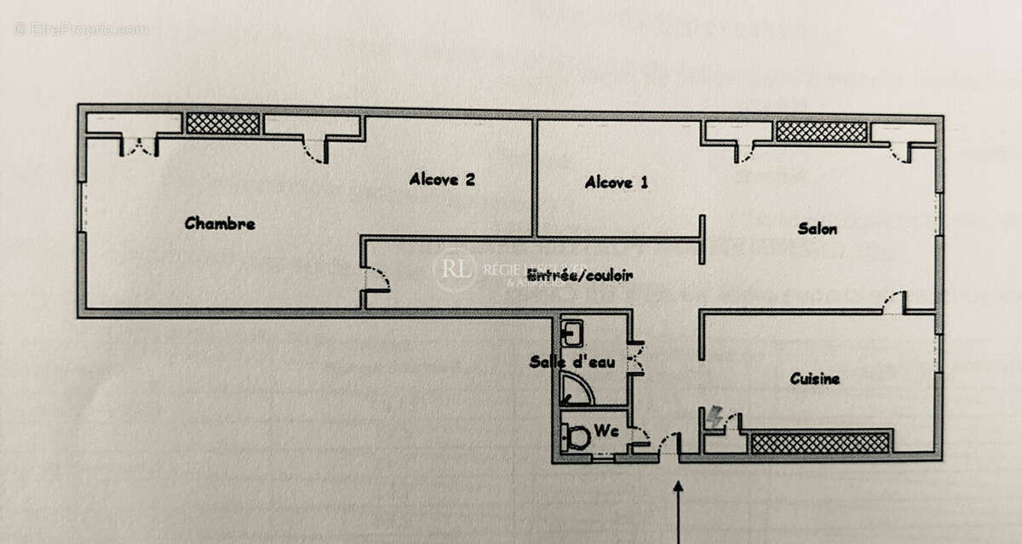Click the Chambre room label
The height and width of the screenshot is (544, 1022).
tap(220, 224)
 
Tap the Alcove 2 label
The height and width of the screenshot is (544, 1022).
tap(441, 179)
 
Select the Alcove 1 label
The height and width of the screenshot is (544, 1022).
tap(617, 182)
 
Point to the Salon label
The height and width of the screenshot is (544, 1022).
tap(817, 228)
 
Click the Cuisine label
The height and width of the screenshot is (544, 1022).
tap(814, 379)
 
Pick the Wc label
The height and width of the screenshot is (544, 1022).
tap(606, 432)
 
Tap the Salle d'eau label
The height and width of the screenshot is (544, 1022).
tap(572, 362)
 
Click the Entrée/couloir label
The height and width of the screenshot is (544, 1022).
tap(580, 275)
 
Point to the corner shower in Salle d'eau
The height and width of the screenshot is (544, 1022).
tap(576, 390)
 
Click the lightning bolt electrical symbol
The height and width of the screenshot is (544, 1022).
tap(714, 416)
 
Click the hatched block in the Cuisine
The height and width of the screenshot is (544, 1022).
tap(819, 443)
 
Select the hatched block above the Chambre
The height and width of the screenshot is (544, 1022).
tap(222, 124)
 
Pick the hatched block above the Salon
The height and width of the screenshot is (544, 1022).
tap(821, 131)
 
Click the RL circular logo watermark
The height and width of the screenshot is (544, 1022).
tap(455, 271)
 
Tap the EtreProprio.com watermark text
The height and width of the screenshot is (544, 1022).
tap(81, 29)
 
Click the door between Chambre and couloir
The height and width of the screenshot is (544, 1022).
tap(375, 280)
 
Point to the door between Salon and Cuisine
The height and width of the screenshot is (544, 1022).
tap(893, 302)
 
